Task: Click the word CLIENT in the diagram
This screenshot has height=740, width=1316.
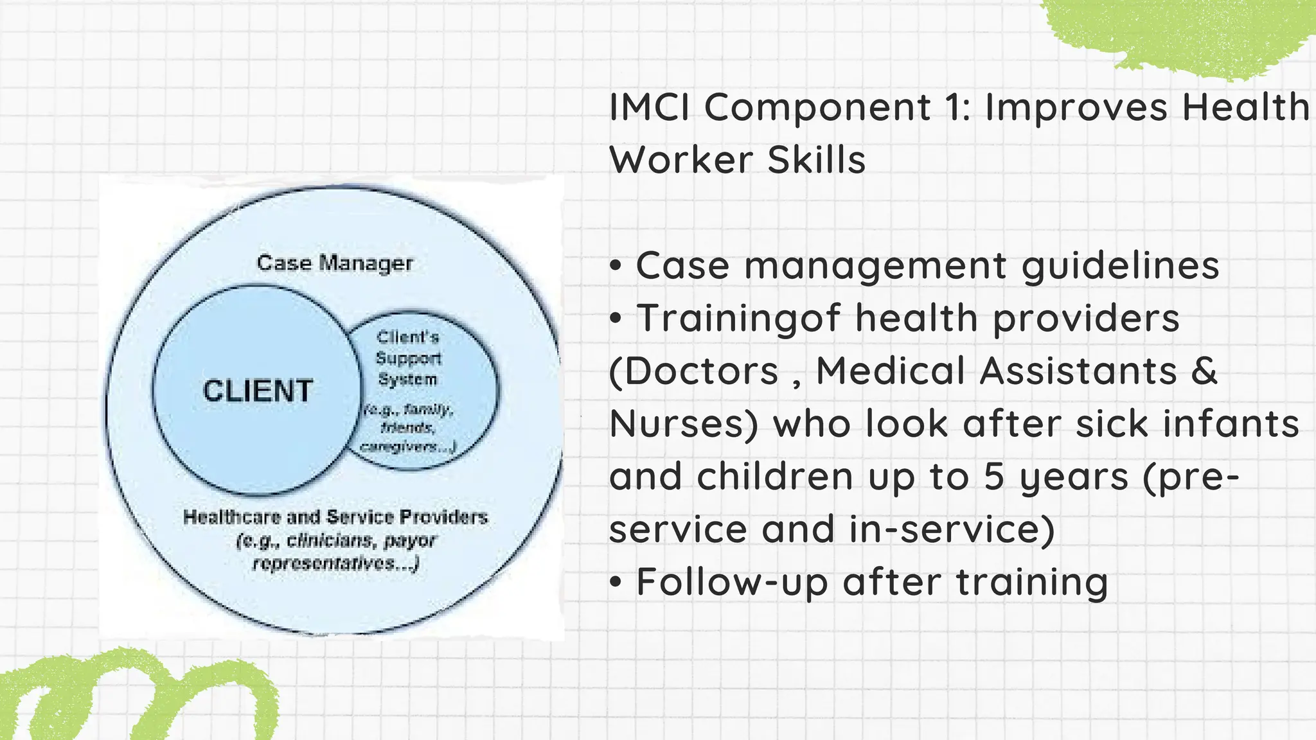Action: coord(258,391)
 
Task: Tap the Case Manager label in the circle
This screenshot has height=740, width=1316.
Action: coord(335,263)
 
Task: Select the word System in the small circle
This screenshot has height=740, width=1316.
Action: coord(407,380)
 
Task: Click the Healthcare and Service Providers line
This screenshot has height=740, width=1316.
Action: coord(335,517)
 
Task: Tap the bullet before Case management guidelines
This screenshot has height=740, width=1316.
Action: coord(616,266)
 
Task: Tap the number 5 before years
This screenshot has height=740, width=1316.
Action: coord(993,477)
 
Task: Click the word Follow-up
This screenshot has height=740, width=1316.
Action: coord(731,582)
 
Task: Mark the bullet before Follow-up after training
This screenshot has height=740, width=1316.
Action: coord(616,582)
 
